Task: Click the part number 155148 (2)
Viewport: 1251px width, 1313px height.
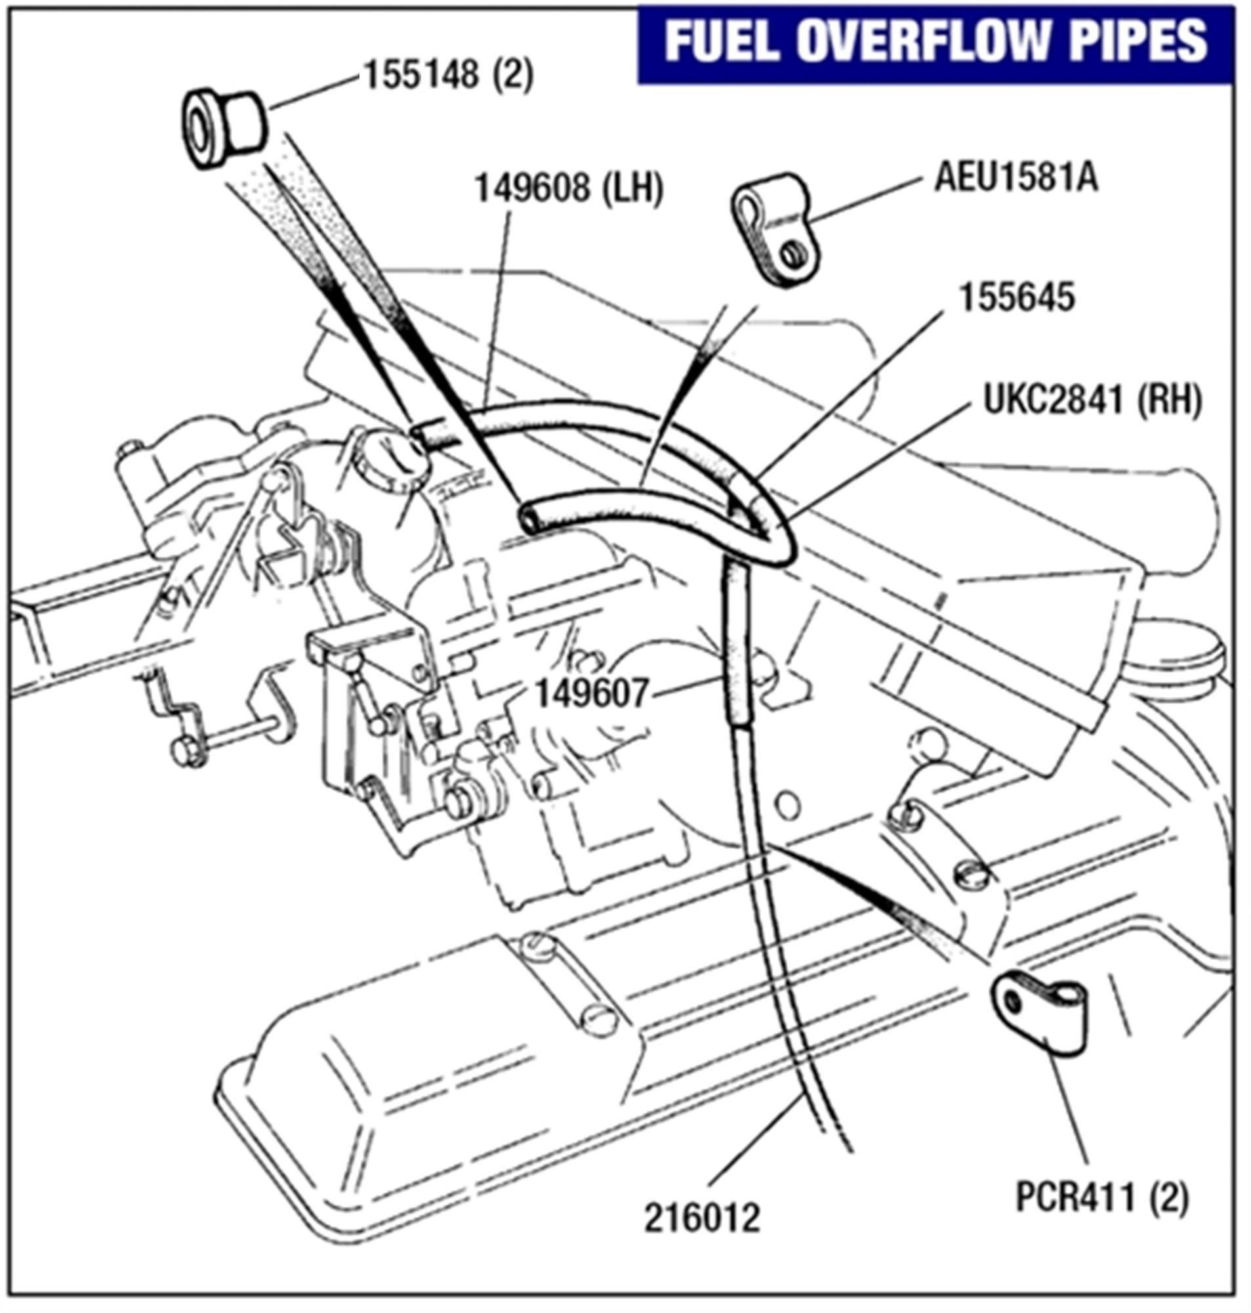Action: (448, 75)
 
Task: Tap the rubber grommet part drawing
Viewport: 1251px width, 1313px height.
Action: (224, 127)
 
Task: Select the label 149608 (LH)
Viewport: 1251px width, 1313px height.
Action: (568, 189)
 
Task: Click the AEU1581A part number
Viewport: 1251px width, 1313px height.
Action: (1015, 178)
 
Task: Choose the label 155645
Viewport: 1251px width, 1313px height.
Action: (1017, 297)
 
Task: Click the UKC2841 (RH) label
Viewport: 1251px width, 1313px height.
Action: (1092, 402)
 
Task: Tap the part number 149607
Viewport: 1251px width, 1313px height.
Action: (592, 695)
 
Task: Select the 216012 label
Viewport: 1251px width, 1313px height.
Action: (701, 1218)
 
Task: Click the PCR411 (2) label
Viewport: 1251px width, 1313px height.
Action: (1101, 1197)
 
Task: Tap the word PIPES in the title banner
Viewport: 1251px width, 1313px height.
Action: (1131, 41)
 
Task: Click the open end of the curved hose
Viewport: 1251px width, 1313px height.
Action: (531, 518)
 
